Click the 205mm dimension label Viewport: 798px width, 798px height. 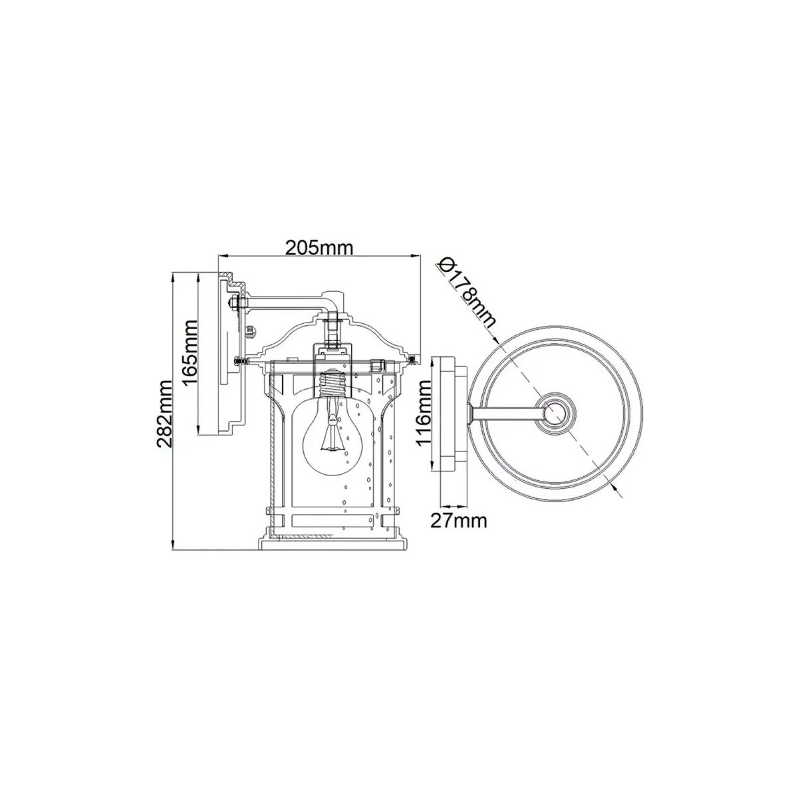coord(319,248)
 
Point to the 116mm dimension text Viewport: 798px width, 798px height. coord(424,413)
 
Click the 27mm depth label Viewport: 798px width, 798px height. coord(458,521)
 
